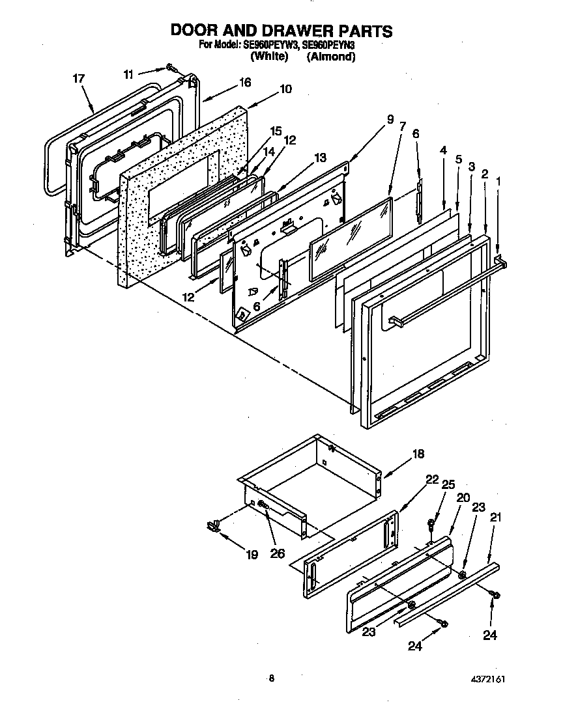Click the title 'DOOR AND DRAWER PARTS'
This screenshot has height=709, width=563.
(281, 31)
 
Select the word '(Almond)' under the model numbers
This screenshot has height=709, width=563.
(331, 57)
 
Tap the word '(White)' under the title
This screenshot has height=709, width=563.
(269, 57)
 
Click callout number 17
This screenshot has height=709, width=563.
(79, 79)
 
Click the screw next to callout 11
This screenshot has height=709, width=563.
(171, 67)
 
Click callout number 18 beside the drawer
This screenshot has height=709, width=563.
(418, 454)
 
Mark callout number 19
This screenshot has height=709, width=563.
(252, 554)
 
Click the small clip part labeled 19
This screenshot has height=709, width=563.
(212, 525)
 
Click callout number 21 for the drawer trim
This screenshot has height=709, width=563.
(495, 518)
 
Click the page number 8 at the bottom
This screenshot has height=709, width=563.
(272, 678)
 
